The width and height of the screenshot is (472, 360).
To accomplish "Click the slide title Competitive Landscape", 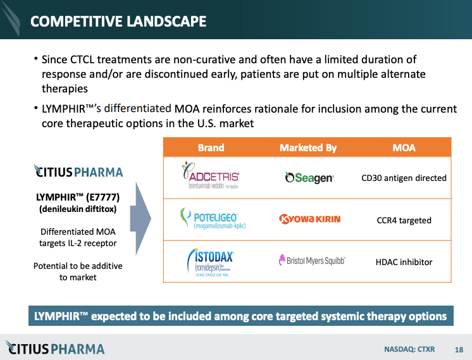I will click(118, 21).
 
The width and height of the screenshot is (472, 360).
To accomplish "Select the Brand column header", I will click(211, 147).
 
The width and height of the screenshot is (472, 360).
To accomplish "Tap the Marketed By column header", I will click(308, 147).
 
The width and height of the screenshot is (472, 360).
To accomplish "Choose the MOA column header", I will click(404, 147).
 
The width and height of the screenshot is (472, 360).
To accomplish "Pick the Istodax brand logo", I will click(209, 261).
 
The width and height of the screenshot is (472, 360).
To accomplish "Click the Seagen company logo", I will click(309, 178).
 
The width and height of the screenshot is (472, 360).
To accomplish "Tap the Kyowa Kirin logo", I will click(309, 220).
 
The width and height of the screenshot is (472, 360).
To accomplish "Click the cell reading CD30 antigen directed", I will click(404, 178).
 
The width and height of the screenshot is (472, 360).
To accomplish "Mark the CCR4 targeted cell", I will click(404, 220).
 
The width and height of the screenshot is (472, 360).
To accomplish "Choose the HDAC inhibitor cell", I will click(404, 261).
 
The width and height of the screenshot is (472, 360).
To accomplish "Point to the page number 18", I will click(459, 349).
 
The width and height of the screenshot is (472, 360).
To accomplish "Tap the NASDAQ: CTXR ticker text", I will click(410, 349).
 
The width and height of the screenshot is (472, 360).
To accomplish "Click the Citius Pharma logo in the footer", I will click(56, 347).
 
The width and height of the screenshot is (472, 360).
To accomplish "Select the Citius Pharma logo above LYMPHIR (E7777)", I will click(77, 171).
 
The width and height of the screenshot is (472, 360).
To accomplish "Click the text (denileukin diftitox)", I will click(77, 209).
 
